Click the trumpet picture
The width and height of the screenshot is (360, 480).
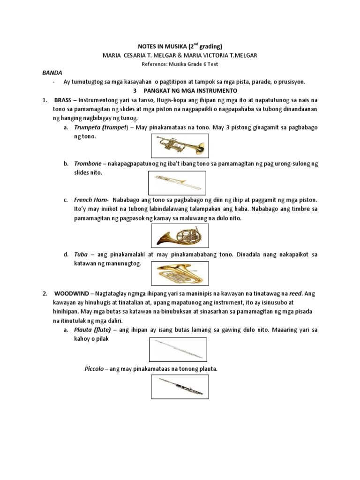180,145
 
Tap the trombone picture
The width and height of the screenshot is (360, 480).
177,183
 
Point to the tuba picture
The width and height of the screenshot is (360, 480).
180,272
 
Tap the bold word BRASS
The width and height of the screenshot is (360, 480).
64,100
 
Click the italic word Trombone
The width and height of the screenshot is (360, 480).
88,164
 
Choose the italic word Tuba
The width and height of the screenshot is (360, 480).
81,255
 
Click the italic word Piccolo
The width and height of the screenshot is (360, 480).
94,369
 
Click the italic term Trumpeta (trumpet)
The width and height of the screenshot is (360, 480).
101,127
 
